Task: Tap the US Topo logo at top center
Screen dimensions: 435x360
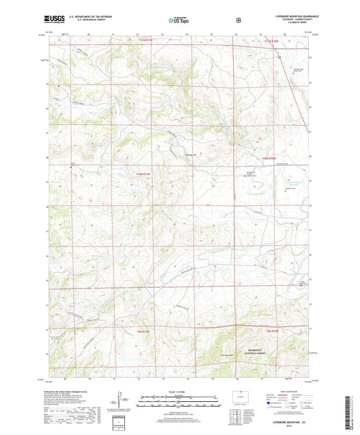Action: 179,21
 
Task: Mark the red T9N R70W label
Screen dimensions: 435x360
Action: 272,330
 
